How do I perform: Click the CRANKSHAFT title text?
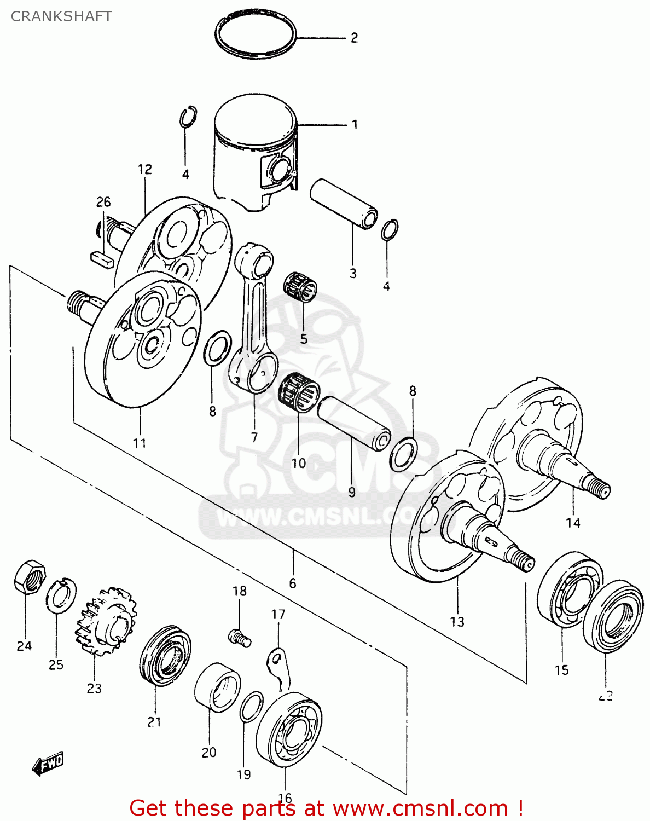click(61, 16)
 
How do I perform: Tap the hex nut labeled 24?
click(29, 577)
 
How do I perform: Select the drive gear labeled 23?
click(106, 621)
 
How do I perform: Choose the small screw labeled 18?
click(239, 637)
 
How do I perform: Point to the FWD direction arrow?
click(48, 763)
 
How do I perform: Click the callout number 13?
click(457, 622)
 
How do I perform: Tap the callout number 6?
click(293, 583)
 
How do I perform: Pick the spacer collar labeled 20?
click(217, 687)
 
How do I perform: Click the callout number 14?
click(573, 523)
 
